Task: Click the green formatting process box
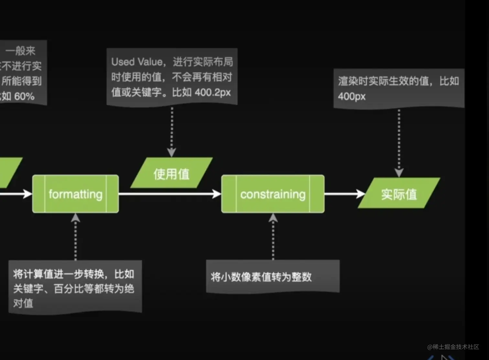[x=75, y=194]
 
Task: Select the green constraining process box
[x=273, y=194]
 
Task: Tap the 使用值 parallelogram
[x=171, y=174]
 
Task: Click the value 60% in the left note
[x=24, y=96]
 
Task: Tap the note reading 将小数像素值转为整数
[x=261, y=277]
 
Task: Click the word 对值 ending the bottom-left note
[x=23, y=303]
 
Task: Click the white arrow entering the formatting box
[x=16, y=194]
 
